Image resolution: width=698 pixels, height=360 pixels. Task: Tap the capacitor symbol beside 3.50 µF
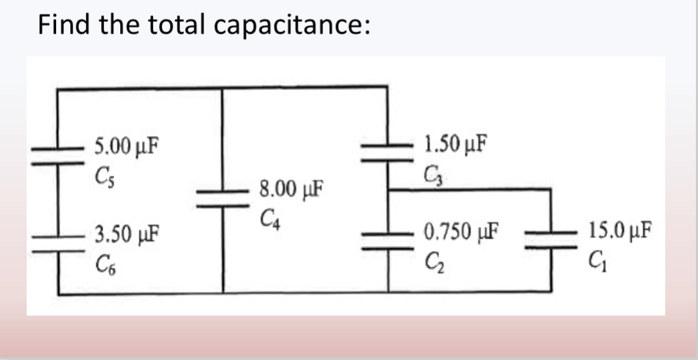tap(57, 242)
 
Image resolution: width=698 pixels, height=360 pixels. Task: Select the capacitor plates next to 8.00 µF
tap(223, 197)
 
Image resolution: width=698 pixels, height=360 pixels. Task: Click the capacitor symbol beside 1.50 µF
tap(388, 152)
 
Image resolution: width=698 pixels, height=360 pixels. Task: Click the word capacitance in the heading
tap(293, 25)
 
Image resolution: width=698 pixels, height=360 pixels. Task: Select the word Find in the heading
tap(65, 25)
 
